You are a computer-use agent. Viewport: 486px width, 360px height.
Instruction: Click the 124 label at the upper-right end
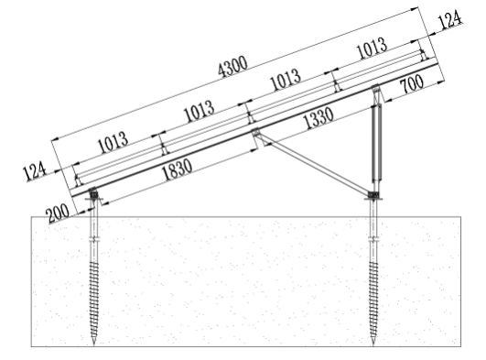[x=448, y=21]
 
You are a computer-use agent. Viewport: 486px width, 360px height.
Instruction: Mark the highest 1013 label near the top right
[x=370, y=50]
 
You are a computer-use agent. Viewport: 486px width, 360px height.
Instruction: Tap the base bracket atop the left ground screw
[x=95, y=195]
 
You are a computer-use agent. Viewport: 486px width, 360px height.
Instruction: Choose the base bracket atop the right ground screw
[x=373, y=194]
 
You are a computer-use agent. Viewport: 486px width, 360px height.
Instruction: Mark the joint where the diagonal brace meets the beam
[x=256, y=135]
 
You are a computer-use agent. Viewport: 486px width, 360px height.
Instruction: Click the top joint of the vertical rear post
[x=376, y=91]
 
